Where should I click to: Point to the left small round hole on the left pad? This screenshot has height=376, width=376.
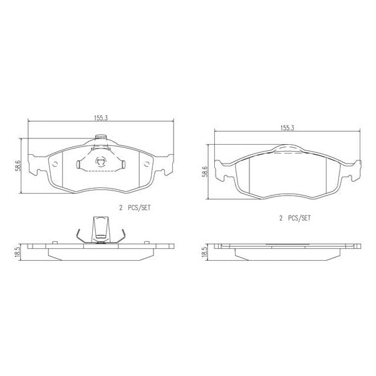[55, 165]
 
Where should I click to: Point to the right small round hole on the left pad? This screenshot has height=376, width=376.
[147, 165]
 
